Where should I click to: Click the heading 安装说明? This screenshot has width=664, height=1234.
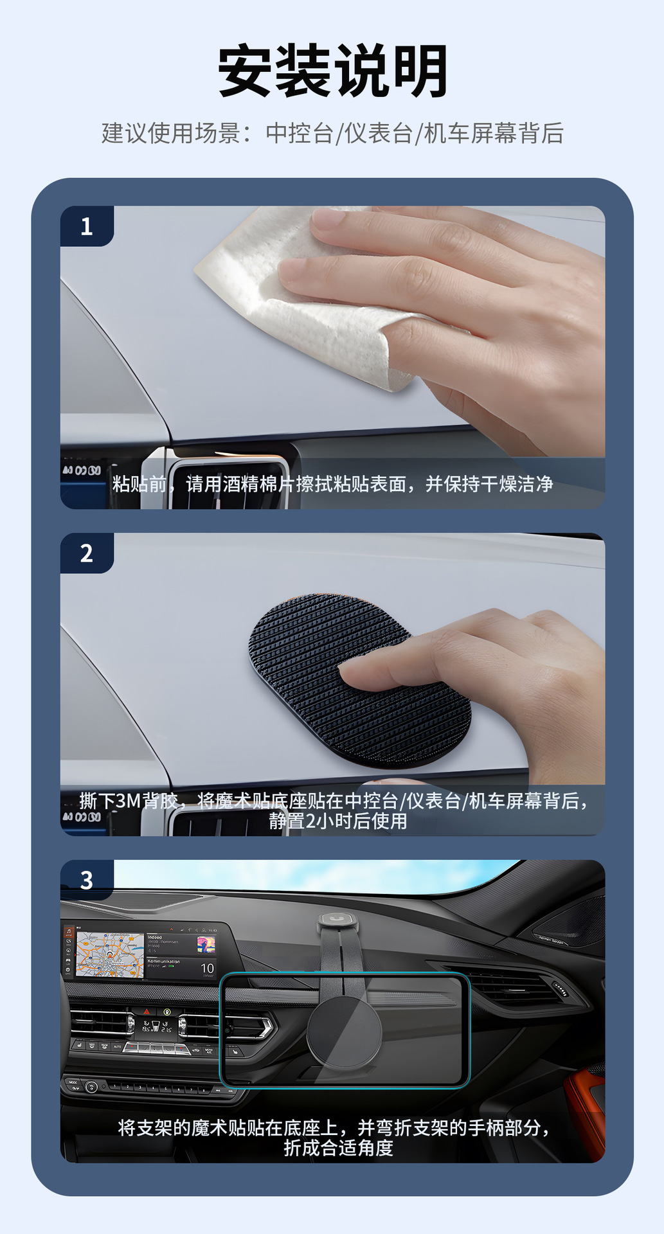[332, 71]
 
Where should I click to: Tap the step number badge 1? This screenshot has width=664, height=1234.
[87, 226]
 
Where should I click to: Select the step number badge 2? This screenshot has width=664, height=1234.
[87, 553]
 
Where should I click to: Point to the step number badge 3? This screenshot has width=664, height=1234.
[87, 880]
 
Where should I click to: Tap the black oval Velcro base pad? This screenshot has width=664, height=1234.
[359, 681]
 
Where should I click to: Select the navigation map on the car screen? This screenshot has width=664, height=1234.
[110, 955]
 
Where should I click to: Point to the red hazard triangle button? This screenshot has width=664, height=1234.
[147, 1012]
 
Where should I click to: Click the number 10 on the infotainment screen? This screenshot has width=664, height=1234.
[207, 968]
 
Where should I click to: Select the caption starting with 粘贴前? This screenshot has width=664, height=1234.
[332, 484]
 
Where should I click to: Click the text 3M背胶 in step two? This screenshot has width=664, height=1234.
[147, 801]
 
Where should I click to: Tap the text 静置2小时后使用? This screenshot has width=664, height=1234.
[338, 821]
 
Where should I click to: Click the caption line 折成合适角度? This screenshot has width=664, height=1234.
[338, 1147]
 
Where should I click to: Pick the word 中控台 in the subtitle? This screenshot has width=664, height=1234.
[300, 133]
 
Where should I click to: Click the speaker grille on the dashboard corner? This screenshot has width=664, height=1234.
[566, 925]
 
